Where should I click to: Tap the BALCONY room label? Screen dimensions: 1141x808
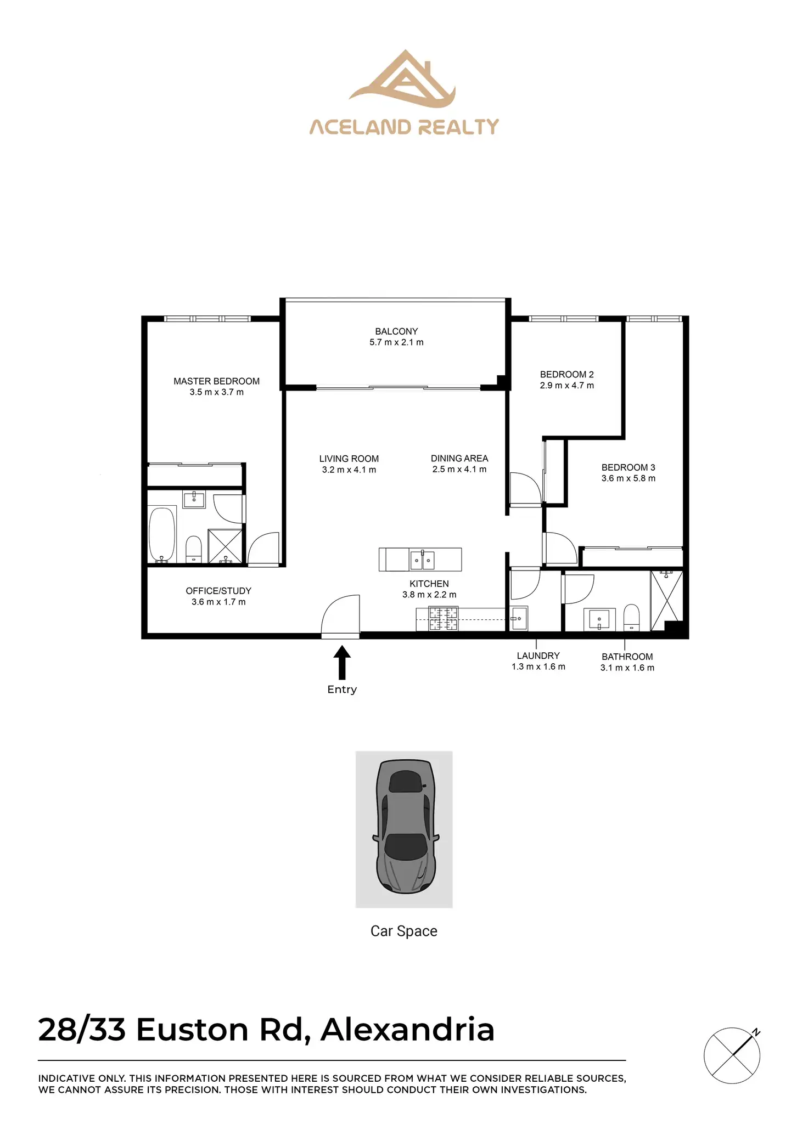click(396, 331)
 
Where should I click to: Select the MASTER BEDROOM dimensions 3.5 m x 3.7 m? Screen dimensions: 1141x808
click(216, 392)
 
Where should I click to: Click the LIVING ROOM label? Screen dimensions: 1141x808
click(349, 459)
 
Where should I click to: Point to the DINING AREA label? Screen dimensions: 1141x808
click(459, 458)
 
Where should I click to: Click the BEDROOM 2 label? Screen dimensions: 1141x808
click(566, 374)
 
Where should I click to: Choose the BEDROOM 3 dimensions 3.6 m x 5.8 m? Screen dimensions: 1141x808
click(628, 478)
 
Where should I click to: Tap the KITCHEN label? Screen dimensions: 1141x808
click(429, 584)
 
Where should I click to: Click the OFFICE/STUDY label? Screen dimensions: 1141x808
click(218, 591)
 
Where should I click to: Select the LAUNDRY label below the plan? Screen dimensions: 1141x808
click(538, 656)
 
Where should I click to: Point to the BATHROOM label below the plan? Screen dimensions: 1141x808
click(627, 657)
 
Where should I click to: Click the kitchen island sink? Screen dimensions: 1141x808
click(422, 560)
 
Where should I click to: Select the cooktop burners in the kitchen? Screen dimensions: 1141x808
click(443, 619)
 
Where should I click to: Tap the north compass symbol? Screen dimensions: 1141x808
click(732, 1055)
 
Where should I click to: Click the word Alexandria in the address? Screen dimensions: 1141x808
click(407, 1030)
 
